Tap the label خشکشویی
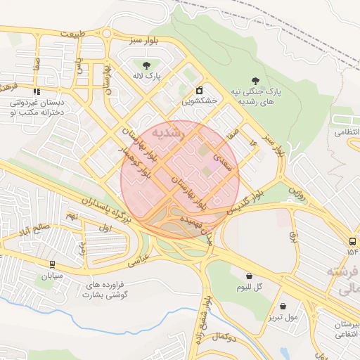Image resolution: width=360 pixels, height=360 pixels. (200, 101)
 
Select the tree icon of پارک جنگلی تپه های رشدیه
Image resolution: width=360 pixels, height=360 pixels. (254, 82)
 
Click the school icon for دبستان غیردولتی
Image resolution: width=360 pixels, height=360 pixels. (36, 91)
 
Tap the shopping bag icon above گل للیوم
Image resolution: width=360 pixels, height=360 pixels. (249, 275)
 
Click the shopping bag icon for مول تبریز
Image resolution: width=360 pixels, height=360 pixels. (283, 307)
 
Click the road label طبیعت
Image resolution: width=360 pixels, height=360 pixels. (72, 33)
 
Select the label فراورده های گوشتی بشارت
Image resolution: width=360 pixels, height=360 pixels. (103, 290)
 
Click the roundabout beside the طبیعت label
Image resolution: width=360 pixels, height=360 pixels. (106, 32)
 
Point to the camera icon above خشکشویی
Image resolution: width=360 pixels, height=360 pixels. (200, 90)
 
